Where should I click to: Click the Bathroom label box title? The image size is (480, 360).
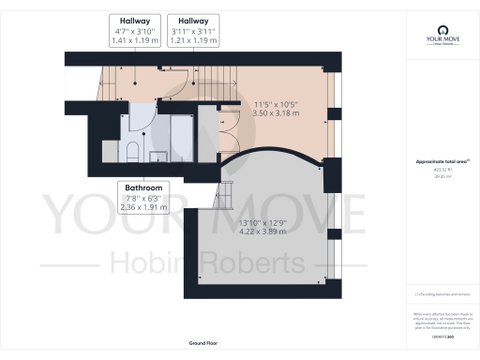143,187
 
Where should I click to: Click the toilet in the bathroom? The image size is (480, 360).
133,153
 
